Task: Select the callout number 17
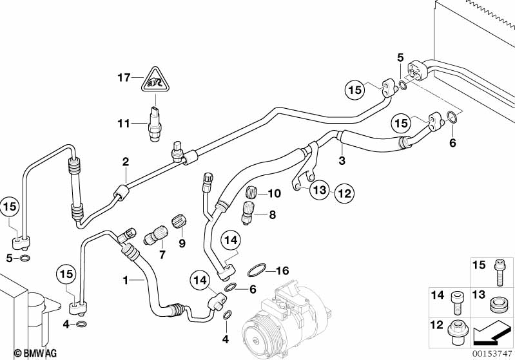click(124, 77)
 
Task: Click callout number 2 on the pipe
click(126, 162)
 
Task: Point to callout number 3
click(341, 159)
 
